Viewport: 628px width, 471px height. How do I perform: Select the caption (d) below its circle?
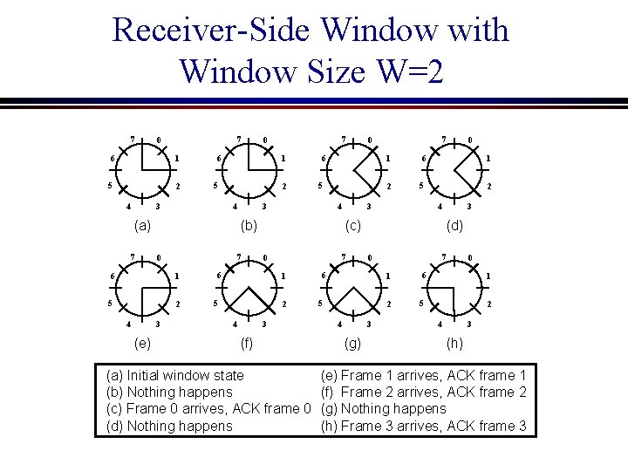click(454, 226)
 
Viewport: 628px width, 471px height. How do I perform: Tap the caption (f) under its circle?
click(246, 344)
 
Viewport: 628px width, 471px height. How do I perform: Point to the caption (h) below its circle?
click(454, 344)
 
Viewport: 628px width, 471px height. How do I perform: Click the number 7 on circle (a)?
click(132, 138)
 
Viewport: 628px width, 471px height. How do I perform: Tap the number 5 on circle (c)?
click(320, 186)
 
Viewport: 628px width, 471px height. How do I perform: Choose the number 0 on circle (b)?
click(265, 140)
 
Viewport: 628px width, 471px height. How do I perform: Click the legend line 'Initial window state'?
click(174, 375)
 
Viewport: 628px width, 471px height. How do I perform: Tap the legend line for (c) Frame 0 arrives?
click(208, 408)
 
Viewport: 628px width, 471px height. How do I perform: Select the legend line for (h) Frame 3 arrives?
click(424, 426)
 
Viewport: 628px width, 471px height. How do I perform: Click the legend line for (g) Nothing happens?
click(384, 408)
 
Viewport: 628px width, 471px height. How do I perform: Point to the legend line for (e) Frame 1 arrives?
click(424, 375)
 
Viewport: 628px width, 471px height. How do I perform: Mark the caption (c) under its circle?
click(352, 226)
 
